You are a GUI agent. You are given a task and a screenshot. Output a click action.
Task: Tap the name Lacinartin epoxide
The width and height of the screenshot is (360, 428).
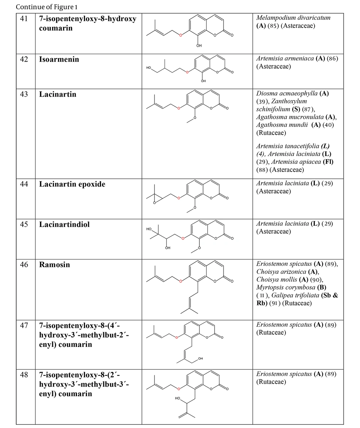click(72, 184)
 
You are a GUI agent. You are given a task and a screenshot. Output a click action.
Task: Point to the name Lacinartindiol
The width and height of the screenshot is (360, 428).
click(64, 224)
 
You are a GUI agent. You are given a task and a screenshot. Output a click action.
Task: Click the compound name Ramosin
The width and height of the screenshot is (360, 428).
click(54, 265)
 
